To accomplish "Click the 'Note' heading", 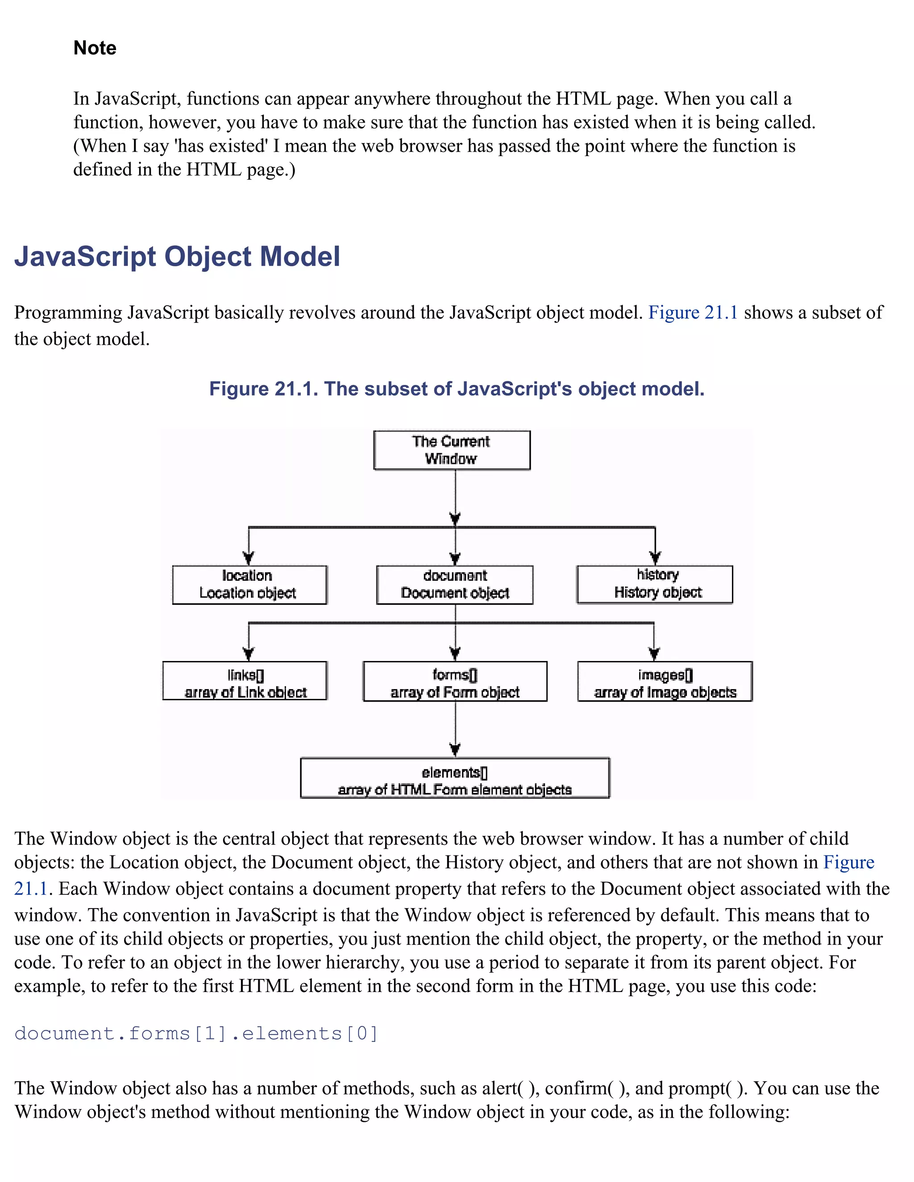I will click(x=95, y=48).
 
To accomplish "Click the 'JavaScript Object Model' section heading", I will click(x=177, y=256).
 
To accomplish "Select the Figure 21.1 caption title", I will click(x=457, y=389).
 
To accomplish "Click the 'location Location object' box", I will click(x=249, y=584).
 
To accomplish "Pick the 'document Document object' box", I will click(x=454, y=584).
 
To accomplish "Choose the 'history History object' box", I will click(x=655, y=584).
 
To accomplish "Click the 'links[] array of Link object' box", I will click(x=245, y=681).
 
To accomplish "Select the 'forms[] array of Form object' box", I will click(x=455, y=681).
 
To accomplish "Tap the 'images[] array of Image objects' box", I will click(x=665, y=681).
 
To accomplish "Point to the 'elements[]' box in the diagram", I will click(x=455, y=778).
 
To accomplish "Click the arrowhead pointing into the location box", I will click(x=249, y=558).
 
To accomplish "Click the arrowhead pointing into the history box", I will click(x=655, y=558).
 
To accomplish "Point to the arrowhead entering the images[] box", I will click(x=654, y=654).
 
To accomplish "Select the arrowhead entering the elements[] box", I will click(x=455, y=750).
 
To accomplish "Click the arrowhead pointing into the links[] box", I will click(x=249, y=654).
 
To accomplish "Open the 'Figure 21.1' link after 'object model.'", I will click(x=693, y=313).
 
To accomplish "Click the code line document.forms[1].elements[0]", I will click(x=196, y=1033).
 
